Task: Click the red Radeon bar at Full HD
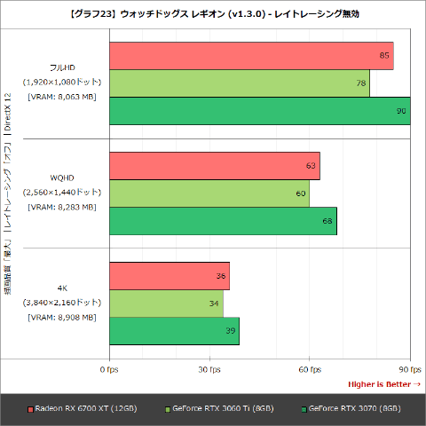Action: pyautogui.click(x=251, y=56)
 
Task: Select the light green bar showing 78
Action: pyautogui.click(x=240, y=83)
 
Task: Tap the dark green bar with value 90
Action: pyautogui.click(x=259, y=111)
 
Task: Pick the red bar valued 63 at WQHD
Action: pyautogui.click(x=214, y=166)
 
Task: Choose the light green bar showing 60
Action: pyautogui.click(x=209, y=193)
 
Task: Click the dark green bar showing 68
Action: pyautogui.click(x=223, y=220)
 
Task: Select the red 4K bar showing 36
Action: pyautogui.click(x=169, y=275)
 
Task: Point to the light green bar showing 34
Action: pyautogui.click(x=165, y=303)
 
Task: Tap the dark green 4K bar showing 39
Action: pyautogui.click(x=174, y=329)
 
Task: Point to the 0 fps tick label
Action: pyautogui.click(x=109, y=368)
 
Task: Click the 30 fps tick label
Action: pyautogui.click(x=209, y=368)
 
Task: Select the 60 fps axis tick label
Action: pyautogui.click(x=309, y=368)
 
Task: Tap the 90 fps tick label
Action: pyautogui.click(x=409, y=368)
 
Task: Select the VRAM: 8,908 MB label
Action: pyautogui.click(x=62, y=317)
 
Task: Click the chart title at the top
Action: pyautogui.click(x=213, y=14)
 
